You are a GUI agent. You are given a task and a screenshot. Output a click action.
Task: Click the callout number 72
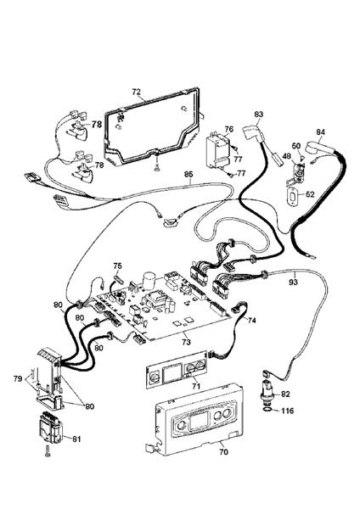click(x=136, y=89)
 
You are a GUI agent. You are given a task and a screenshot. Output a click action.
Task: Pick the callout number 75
click(x=118, y=266)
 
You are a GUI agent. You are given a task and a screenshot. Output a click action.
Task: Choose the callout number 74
click(x=251, y=321)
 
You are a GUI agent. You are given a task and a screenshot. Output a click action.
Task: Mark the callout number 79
click(x=17, y=378)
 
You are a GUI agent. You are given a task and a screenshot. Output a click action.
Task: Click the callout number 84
click(x=320, y=132)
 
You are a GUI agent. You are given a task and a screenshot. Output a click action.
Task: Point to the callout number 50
click(x=296, y=147)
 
